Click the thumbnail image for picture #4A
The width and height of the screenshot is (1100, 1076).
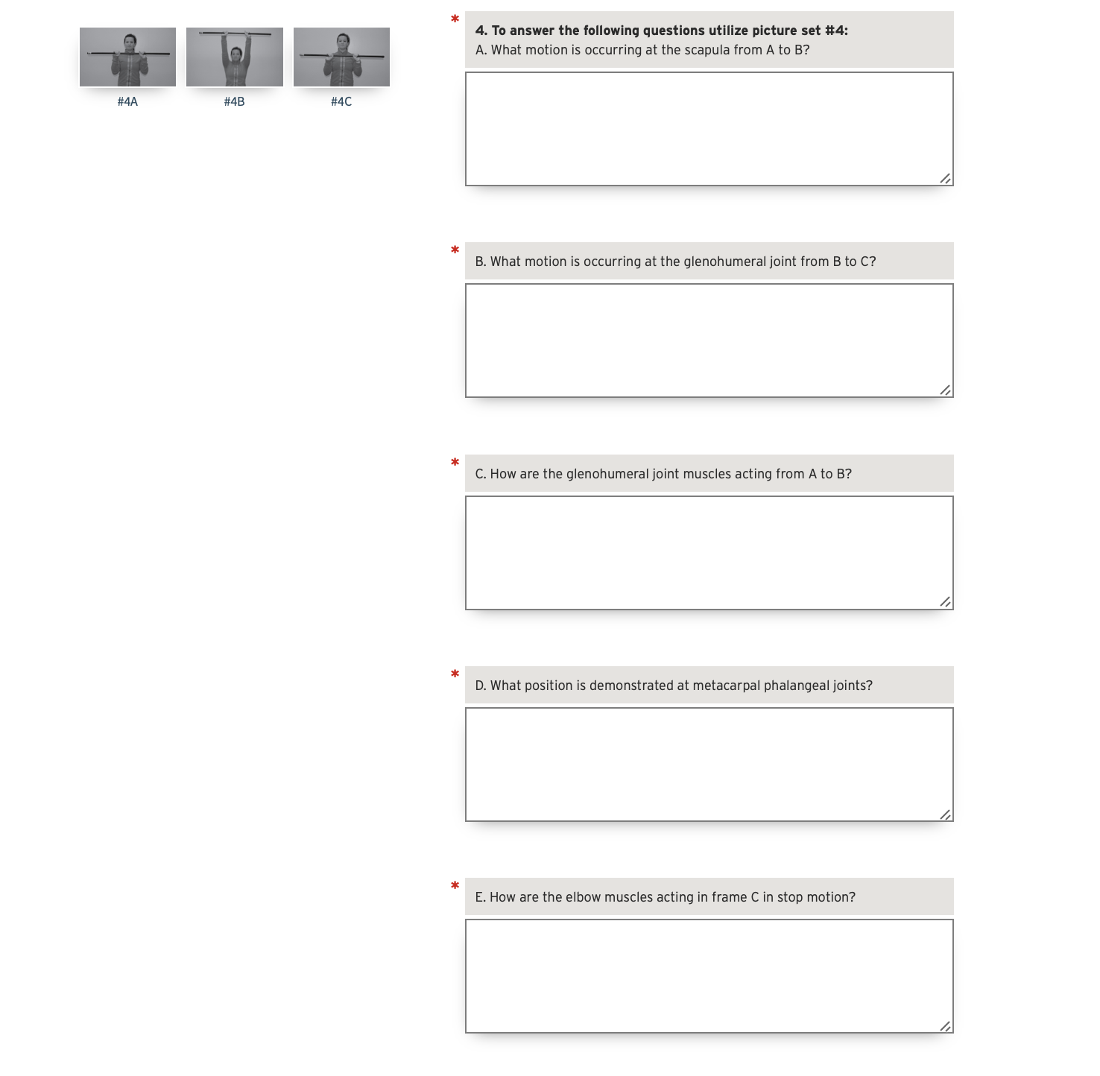(127, 57)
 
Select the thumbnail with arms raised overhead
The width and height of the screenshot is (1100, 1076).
(235, 57)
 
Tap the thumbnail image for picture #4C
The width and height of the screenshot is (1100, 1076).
(341, 57)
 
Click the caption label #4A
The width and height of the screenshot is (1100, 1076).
(127, 102)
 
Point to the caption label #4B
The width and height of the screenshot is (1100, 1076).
(235, 102)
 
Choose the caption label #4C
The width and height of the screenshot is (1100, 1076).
(341, 102)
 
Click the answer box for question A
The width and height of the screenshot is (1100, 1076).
(709, 129)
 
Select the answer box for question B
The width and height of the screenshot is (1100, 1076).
(709, 341)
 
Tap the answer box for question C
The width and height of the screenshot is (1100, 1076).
(709, 552)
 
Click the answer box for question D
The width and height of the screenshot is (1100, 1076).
(709, 764)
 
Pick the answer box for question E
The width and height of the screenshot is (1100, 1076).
(709, 975)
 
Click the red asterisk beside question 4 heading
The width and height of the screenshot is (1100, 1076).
(455, 19)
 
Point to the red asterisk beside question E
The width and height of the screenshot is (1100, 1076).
(455, 886)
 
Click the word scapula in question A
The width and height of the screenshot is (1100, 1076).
(707, 51)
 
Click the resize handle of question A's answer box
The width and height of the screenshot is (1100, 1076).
(945, 178)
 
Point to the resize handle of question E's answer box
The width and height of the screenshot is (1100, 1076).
(945, 1026)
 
